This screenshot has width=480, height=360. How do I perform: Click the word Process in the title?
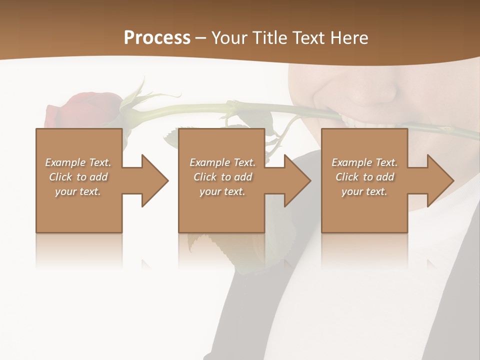pos(157,38)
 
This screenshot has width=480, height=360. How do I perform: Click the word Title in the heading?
pos(268,38)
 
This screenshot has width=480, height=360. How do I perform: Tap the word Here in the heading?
pos(349,38)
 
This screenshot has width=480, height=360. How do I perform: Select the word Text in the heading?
pos(310,38)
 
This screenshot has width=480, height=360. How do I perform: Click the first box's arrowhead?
pos(154,180)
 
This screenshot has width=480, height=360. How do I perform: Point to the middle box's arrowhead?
pos(297,180)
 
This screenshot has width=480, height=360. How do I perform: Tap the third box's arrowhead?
pos(439,180)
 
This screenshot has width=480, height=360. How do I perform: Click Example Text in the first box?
pos(78,162)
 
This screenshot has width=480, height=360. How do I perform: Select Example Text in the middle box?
pos(222,162)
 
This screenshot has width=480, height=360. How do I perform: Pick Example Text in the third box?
pos(364,162)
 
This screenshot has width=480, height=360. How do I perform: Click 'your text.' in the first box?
pos(78,191)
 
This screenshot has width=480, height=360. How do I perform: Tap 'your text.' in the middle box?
pos(222,191)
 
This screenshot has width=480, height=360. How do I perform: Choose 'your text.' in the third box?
pos(364,191)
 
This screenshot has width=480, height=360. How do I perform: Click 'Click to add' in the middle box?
pos(222,177)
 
